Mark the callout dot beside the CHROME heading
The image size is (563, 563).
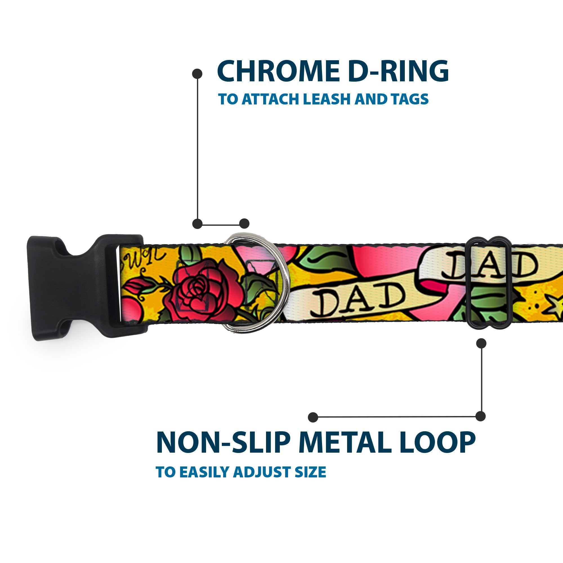click(x=197, y=74)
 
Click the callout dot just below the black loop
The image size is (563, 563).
click(x=481, y=343)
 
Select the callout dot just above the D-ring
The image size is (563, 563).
click(x=244, y=224)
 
